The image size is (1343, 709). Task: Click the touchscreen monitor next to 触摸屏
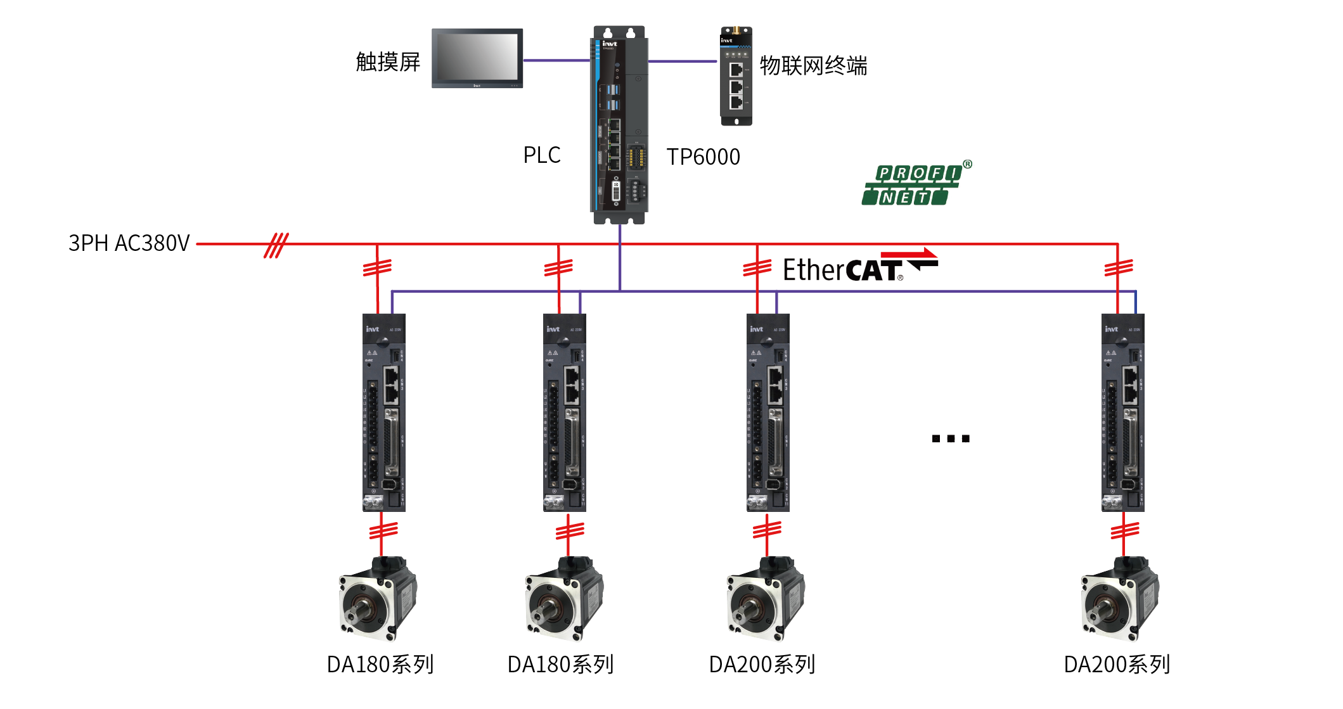click(x=477, y=58)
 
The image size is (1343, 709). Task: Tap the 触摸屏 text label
click(x=388, y=62)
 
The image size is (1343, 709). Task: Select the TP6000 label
click(x=703, y=156)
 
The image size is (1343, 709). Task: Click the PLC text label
click(x=541, y=155)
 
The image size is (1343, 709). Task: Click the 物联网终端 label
click(x=813, y=66)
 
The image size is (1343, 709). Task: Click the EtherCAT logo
click(x=859, y=267)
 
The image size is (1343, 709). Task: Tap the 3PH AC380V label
click(x=129, y=243)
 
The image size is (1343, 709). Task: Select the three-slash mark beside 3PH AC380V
click(x=276, y=245)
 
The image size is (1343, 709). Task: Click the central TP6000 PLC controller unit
click(x=619, y=125)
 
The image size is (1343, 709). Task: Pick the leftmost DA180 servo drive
click(x=383, y=412)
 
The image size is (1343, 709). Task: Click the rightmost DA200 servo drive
click(x=1122, y=412)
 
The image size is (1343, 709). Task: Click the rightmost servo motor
click(x=1119, y=598)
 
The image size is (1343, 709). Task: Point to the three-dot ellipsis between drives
click(x=951, y=438)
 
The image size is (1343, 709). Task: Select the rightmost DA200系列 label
click(x=1117, y=665)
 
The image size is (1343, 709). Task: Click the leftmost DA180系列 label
click(x=380, y=665)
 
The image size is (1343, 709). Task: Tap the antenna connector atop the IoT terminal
click(x=736, y=30)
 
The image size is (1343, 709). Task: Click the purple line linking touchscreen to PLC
click(x=556, y=60)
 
